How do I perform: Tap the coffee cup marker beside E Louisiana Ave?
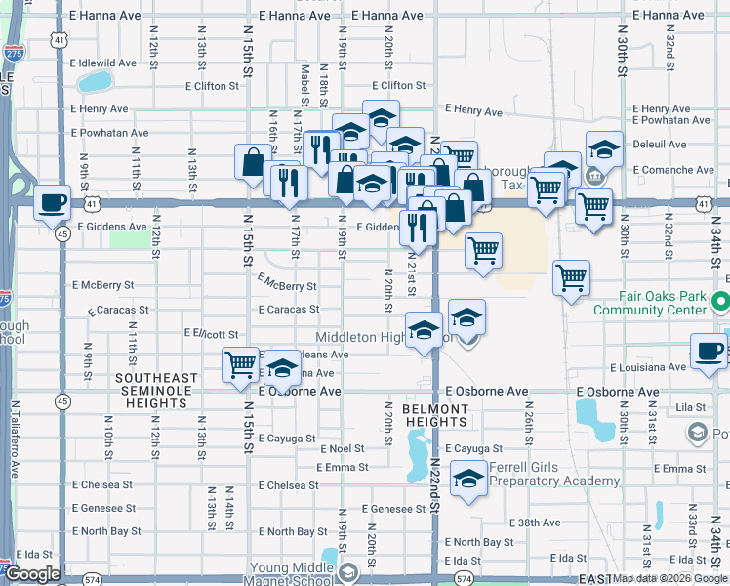[710, 350]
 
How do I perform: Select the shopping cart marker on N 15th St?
[240, 364]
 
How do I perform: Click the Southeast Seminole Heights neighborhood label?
[156, 384]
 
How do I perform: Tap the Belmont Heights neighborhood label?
[435, 415]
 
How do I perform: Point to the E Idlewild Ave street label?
[102, 63]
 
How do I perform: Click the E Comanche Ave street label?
[674, 169]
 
